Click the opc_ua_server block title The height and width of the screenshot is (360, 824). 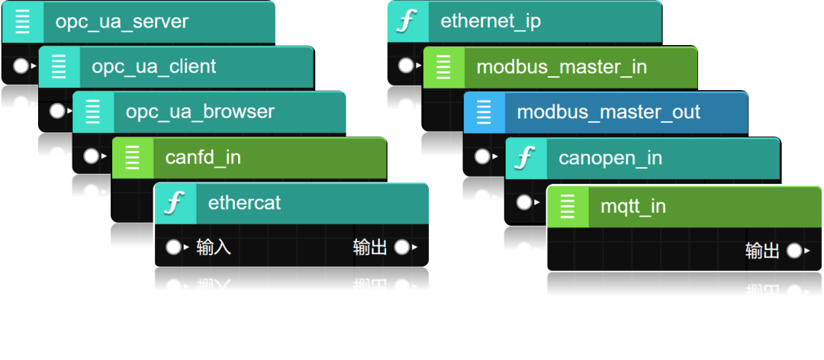pos(121,21)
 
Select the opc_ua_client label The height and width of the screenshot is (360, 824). pos(154,67)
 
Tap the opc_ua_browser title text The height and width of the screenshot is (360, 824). pos(200,111)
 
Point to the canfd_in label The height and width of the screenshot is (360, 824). pos(203,158)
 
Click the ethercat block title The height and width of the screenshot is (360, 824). pos(244,203)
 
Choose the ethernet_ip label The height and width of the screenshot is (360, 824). pos(491,21)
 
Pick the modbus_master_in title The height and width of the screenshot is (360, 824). pos(562,67)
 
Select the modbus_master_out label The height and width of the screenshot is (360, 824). pos(608,113)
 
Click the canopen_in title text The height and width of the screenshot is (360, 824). pos(610,159)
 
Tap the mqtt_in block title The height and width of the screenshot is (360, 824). pos(633,206)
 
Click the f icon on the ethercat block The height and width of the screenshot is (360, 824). pos(175,203)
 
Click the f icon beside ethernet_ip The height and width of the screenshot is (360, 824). pos(407,21)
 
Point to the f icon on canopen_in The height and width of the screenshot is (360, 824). pos(525,159)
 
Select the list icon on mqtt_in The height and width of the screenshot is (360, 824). pos(568,206)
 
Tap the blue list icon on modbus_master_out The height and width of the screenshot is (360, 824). pos(484,113)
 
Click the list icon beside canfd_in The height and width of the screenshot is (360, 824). pos(132,158)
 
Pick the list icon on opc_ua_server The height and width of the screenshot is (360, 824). pos(23,21)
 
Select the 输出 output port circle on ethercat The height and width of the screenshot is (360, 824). pos(401,247)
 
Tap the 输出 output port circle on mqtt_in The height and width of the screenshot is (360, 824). pos(794,250)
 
